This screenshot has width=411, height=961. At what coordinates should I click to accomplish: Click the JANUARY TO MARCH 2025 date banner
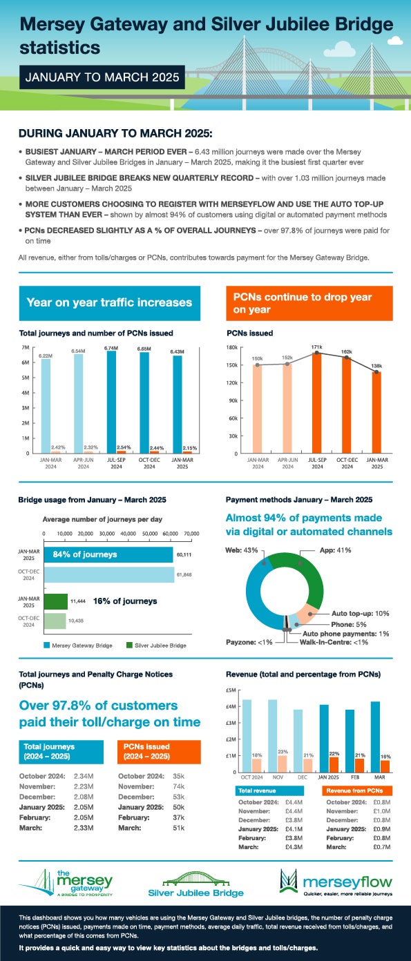[101, 77]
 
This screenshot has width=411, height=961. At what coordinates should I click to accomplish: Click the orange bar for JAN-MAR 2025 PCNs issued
[376, 412]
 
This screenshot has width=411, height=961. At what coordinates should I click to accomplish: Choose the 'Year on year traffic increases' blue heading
[109, 302]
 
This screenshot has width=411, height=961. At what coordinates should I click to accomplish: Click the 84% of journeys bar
[108, 554]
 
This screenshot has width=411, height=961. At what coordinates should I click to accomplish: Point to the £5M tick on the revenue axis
[232, 690]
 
